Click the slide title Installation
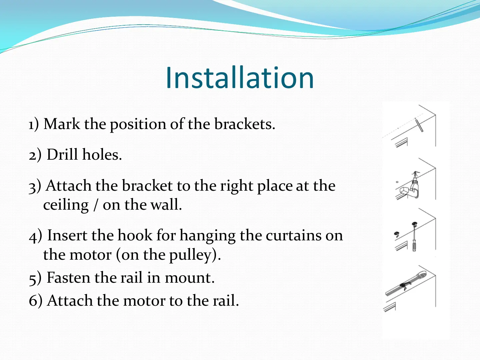point(240,78)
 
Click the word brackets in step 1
point(245,124)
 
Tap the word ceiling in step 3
point(66,205)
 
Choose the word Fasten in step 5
point(68,278)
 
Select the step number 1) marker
point(34,124)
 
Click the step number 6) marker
point(36,301)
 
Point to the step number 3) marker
point(35,186)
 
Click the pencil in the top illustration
point(419,125)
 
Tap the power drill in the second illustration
point(415,185)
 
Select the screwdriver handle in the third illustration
point(414,246)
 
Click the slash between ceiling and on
point(96,205)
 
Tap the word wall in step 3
point(166,205)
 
